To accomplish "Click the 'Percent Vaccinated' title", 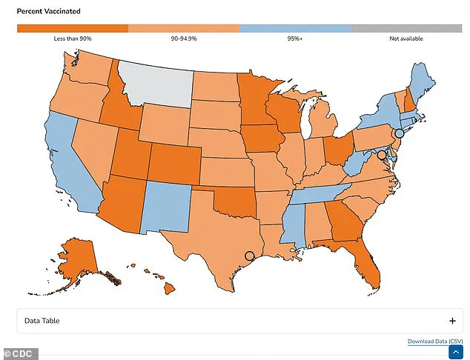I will click(x=50, y=12).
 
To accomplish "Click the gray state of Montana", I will click(x=156, y=81).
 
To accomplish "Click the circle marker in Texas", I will click(x=249, y=256).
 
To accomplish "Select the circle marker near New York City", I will click(x=399, y=133).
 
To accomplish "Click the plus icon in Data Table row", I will click(x=452, y=321).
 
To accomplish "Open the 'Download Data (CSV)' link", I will click(x=435, y=341).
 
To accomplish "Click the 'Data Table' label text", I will click(x=42, y=321).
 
